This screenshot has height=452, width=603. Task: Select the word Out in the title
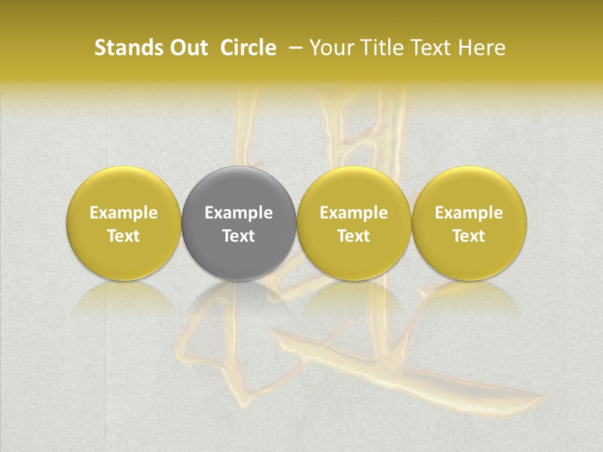point(187,48)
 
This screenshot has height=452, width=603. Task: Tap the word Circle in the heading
point(248,48)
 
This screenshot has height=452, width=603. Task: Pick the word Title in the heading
point(383,48)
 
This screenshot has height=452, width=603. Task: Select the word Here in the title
point(482,48)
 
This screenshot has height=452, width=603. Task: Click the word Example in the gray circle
point(239,213)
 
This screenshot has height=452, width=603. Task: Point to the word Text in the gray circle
point(239,236)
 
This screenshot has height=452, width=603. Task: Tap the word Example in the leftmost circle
point(124,213)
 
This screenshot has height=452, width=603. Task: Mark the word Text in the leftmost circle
point(124,236)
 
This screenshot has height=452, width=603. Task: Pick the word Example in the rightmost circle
point(469,213)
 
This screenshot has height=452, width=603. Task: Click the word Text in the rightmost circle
point(469,236)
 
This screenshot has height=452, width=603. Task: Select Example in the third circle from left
point(354,213)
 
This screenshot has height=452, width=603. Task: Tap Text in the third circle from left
point(354,236)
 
